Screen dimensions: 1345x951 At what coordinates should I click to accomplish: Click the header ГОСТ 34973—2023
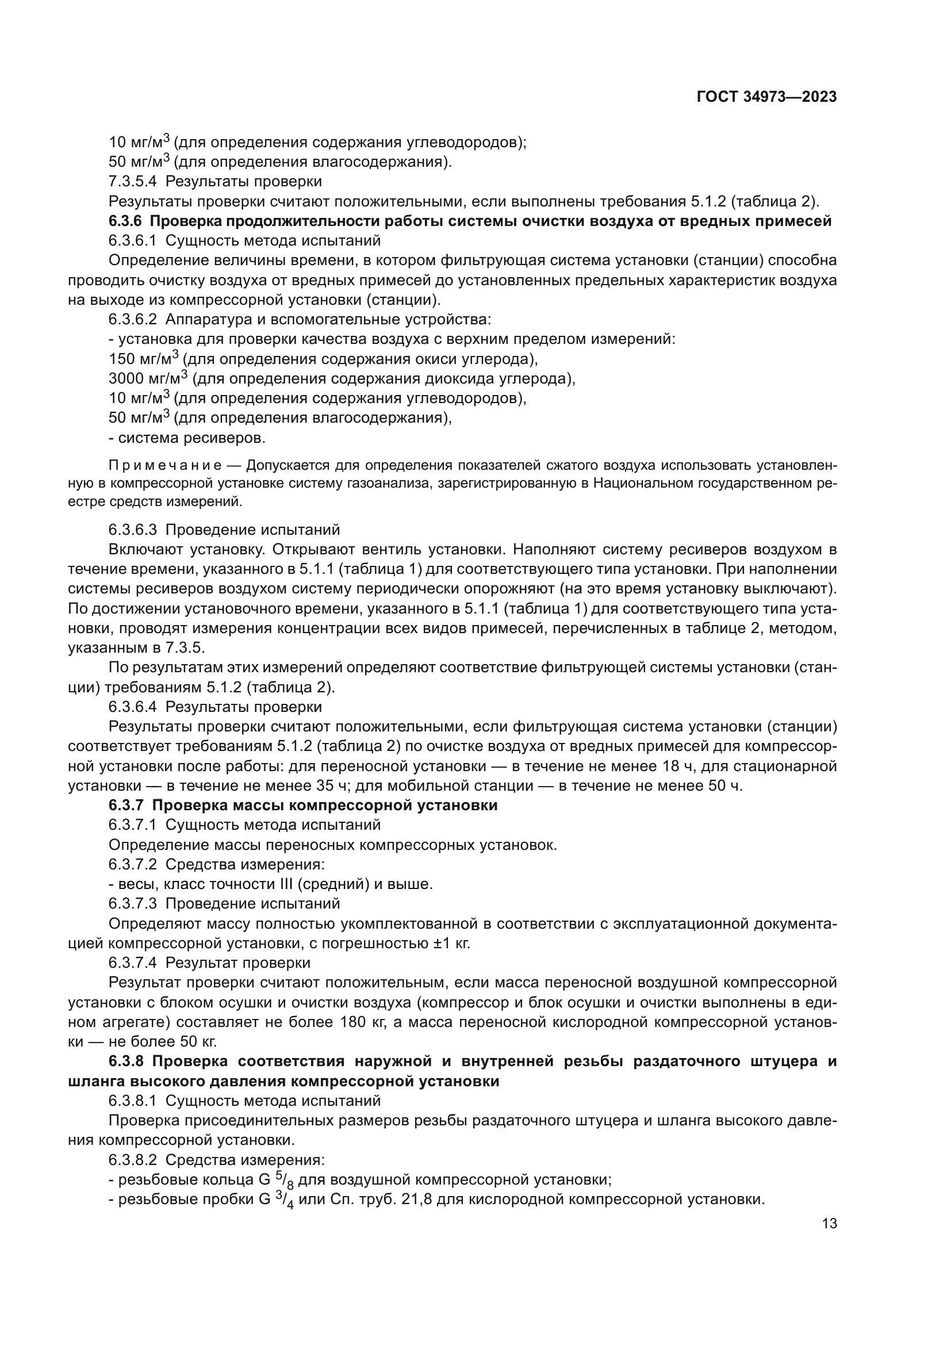click(x=766, y=97)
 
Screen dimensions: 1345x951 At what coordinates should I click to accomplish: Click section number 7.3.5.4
click(x=132, y=182)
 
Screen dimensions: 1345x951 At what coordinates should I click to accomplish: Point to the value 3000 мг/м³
click(x=148, y=378)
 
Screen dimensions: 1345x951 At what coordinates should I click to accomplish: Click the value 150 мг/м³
click(x=144, y=358)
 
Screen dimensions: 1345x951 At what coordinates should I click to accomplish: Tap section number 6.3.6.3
click(x=132, y=530)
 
